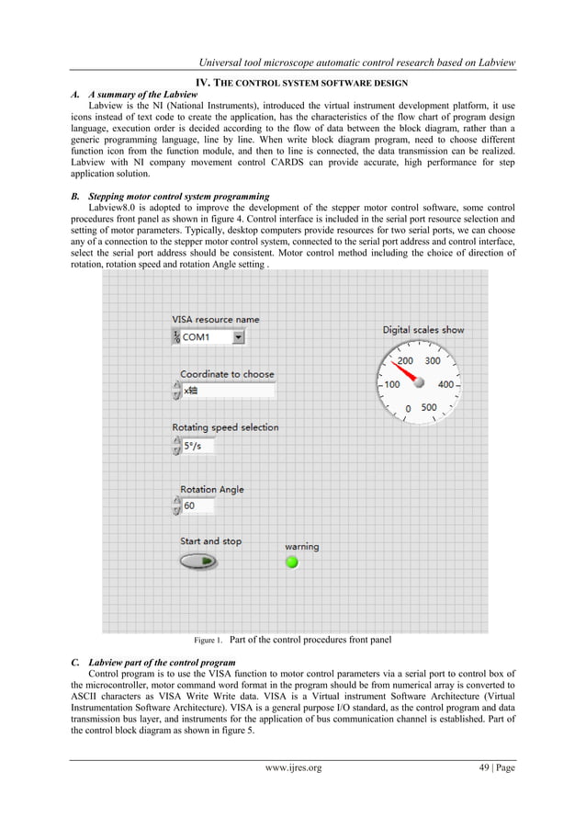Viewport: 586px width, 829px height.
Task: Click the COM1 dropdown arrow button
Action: pos(239,337)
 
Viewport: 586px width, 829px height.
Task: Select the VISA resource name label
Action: pos(215,319)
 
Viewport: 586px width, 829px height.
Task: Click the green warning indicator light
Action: pos(292,562)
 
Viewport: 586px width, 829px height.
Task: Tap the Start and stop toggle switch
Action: pos(198,561)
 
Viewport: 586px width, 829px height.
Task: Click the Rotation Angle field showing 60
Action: pos(198,505)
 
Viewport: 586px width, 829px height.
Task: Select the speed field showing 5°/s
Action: pos(197,446)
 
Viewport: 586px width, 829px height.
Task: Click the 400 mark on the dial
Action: pos(445,385)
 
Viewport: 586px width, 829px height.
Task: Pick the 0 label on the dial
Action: pos(408,409)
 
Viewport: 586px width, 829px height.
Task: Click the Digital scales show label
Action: pos(423,329)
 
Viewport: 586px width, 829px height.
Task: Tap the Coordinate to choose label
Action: pos(227,374)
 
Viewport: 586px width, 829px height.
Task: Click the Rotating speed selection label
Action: pos(225,427)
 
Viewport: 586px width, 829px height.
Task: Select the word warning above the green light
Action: pos(301,546)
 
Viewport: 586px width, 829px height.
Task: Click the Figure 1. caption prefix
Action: pos(208,640)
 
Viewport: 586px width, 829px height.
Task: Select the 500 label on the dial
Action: pos(429,407)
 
